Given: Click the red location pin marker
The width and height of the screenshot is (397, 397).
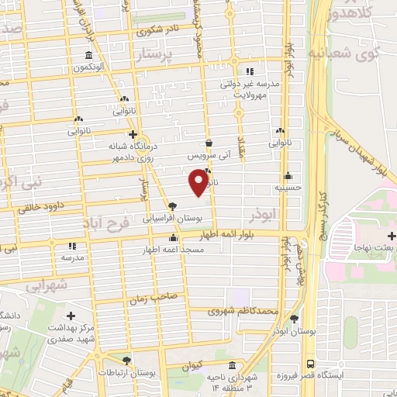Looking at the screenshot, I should click(x=198, y=182).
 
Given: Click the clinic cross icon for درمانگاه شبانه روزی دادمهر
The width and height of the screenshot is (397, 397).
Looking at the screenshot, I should click(x=133, y=135).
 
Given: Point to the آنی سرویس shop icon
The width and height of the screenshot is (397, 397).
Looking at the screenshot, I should click(x=209, y=143).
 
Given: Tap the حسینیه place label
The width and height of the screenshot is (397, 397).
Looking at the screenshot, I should click(x=288, y=188).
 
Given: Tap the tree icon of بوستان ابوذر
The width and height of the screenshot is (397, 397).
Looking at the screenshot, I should click(x=293, y=319).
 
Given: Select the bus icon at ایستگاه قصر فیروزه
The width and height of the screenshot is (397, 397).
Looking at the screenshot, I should click(x=310, y=363).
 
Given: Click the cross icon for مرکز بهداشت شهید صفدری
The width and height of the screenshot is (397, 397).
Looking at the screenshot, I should click(x=71, y=316).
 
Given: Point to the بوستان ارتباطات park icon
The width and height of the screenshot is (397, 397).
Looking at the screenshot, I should click(x=127, y=361).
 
